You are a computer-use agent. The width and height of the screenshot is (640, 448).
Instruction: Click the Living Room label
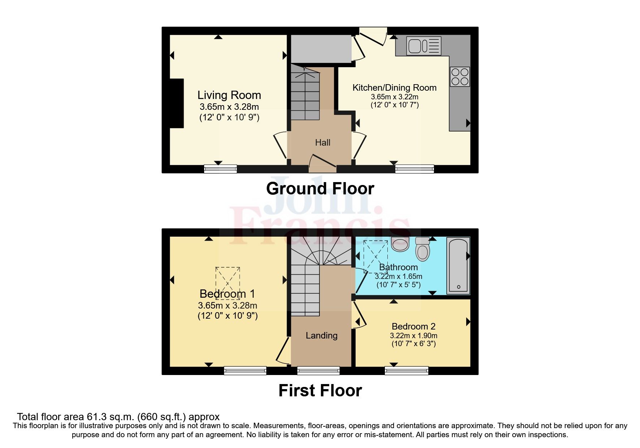pyautogui.click(x=229, y=95)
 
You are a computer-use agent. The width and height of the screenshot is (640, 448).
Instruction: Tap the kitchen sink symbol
pyautogui.click(x=424, y=46)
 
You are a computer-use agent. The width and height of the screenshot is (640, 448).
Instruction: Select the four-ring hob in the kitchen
pyautogui.click(x=460, y=77)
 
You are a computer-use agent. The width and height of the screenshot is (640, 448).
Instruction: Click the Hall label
pyautogui.click(x=322, y=143)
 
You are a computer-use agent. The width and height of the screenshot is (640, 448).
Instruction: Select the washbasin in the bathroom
pyautogui.click(x=400, y=244)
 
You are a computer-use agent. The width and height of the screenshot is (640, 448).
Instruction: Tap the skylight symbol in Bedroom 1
pyautogui.click(x=228, y=283)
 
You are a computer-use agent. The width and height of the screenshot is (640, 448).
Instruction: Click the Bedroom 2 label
pyautogui.click(x=413, y=327)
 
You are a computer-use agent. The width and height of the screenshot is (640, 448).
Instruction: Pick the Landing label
pyautogui.click(x=321, y=336)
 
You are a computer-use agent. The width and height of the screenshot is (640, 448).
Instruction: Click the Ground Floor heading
pyautogui.click(x=320, y=189)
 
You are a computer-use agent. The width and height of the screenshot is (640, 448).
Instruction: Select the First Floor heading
pyautogui.click(x=320, y=391)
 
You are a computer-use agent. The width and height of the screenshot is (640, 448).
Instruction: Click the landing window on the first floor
pyautogui.click(x=318, y=370)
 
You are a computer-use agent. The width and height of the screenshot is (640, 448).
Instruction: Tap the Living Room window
pyautogui.click(x=220, y=169)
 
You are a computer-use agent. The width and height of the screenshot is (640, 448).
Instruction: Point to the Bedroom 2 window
pyautogui.click(x=406, y=370)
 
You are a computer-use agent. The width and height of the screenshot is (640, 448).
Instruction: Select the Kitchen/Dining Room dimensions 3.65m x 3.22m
pyautogui.click(x=394, y=97)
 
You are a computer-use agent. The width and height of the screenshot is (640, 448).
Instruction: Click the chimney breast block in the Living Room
pyautogui.click(x=177, y=103)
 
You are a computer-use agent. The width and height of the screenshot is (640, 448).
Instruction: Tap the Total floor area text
pyautogui.click(x=118, y=417)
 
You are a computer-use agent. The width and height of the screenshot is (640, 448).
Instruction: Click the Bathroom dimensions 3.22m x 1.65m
pyautogui.click(x=398, y=276)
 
